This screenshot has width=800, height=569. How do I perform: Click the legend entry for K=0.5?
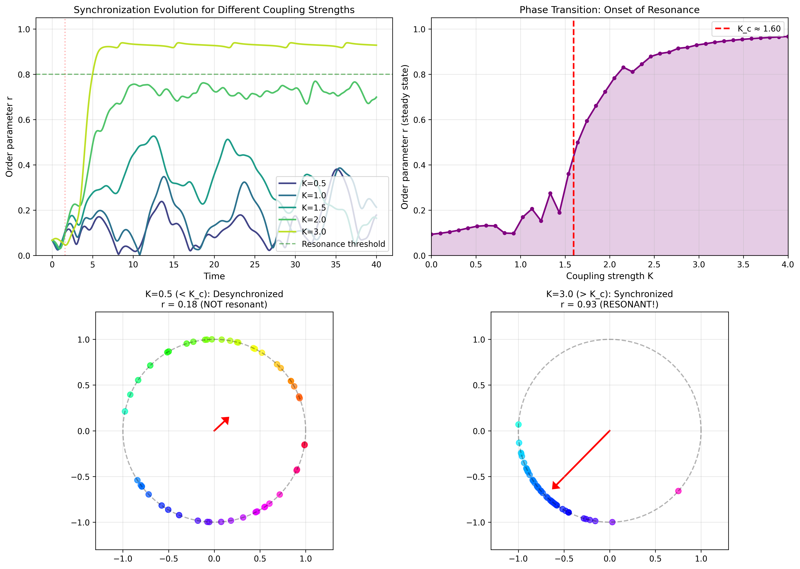coord(313,183)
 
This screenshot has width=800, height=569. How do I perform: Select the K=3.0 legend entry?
coord(313,232)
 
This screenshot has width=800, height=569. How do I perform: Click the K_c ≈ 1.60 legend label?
coord(759,29)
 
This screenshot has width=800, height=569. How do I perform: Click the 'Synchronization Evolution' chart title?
coord(214,10)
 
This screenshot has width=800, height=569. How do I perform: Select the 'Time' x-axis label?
coord(214,276)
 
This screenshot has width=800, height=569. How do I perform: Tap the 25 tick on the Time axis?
coord(255,264)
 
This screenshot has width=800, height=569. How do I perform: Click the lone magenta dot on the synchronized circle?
coord(678,491)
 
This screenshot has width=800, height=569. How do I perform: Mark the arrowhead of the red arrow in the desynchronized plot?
coord(226,420)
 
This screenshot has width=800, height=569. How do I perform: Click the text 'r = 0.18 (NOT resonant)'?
coord(214,305)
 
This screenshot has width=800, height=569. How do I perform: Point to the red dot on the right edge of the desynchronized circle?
coord(304,445)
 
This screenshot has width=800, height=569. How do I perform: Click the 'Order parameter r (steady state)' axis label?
coord(405,137)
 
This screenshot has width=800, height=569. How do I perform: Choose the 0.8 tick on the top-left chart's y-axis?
coord(24,74)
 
